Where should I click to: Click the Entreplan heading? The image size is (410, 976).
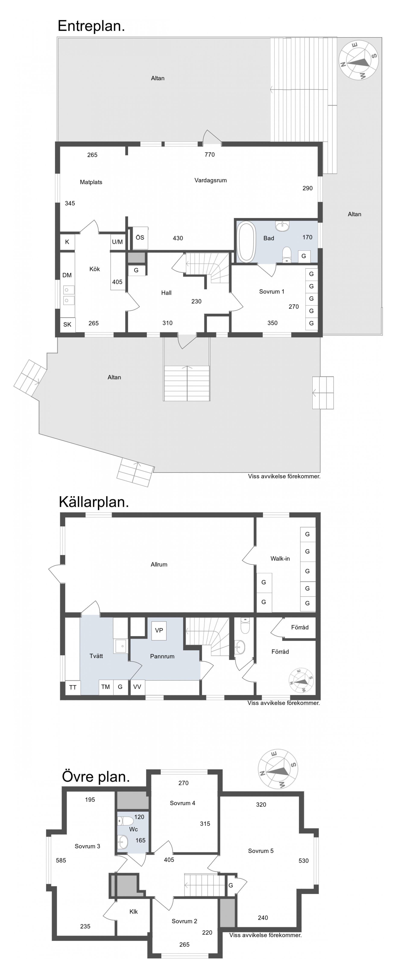pos(91,26)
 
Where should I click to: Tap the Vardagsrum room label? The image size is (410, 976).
pos(211,180)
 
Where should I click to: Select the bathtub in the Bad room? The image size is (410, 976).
pos(246,242)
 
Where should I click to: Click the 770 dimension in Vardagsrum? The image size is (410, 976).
pos(209,155)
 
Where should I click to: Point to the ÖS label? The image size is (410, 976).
pos(140,237)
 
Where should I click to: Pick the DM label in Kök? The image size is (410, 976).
pos(67,275)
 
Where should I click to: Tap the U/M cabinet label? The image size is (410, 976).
pos(117,242)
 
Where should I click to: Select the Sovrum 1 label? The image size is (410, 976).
pos(271,291)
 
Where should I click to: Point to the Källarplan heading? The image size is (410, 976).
pos(94,502)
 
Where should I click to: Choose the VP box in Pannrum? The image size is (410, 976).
pos(159,630)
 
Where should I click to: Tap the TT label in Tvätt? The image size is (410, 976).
pos(73,687)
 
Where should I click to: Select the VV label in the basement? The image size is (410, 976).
pos(137,687)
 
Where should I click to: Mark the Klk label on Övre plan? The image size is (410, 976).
pos(134,912)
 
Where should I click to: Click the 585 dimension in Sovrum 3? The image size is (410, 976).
pos(61,860)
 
